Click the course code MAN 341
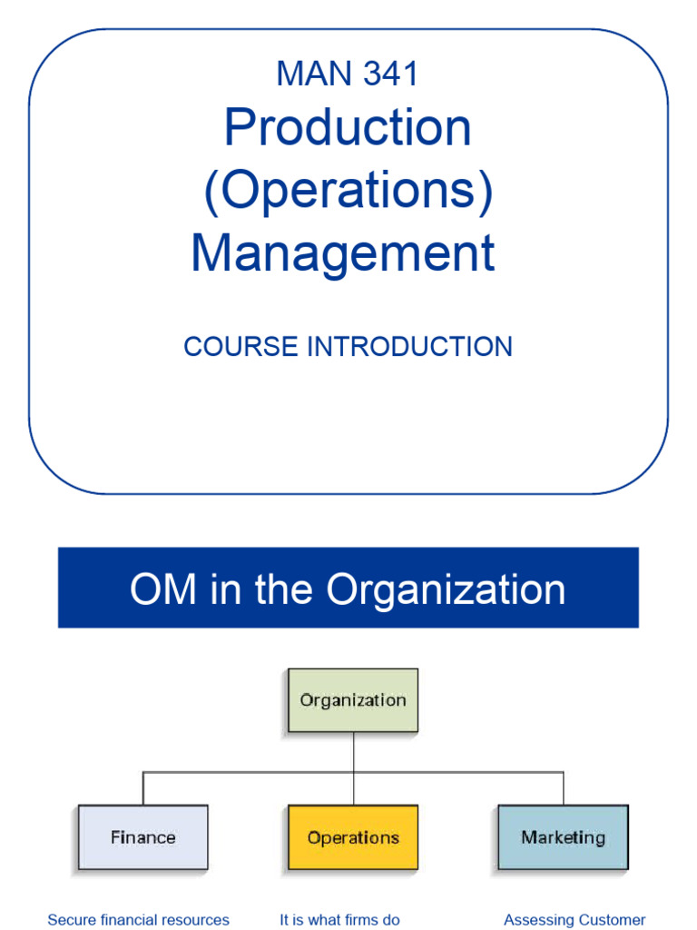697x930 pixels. (x=348, y=74)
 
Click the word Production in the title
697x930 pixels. (x=348, y=128)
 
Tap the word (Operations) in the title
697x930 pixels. (x=348, y=191)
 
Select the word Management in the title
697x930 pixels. (x=343, y=253)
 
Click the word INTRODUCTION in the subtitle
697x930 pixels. (x=408, y=346)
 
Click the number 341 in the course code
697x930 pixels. (x=390, y=74)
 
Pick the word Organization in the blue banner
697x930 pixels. (x=446, y=589)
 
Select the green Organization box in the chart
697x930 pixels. (x=353, y=700)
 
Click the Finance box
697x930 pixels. (x=142, y=836)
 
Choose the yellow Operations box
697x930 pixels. (x=353, y=836)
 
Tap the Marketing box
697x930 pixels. (x=563, y=836)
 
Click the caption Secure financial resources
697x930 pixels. (x=138, y=919)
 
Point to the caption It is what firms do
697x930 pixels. (x=339, y=919)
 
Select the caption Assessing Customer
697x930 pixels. (x=574, y=919)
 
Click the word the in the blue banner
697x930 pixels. (x=286, y=589)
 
